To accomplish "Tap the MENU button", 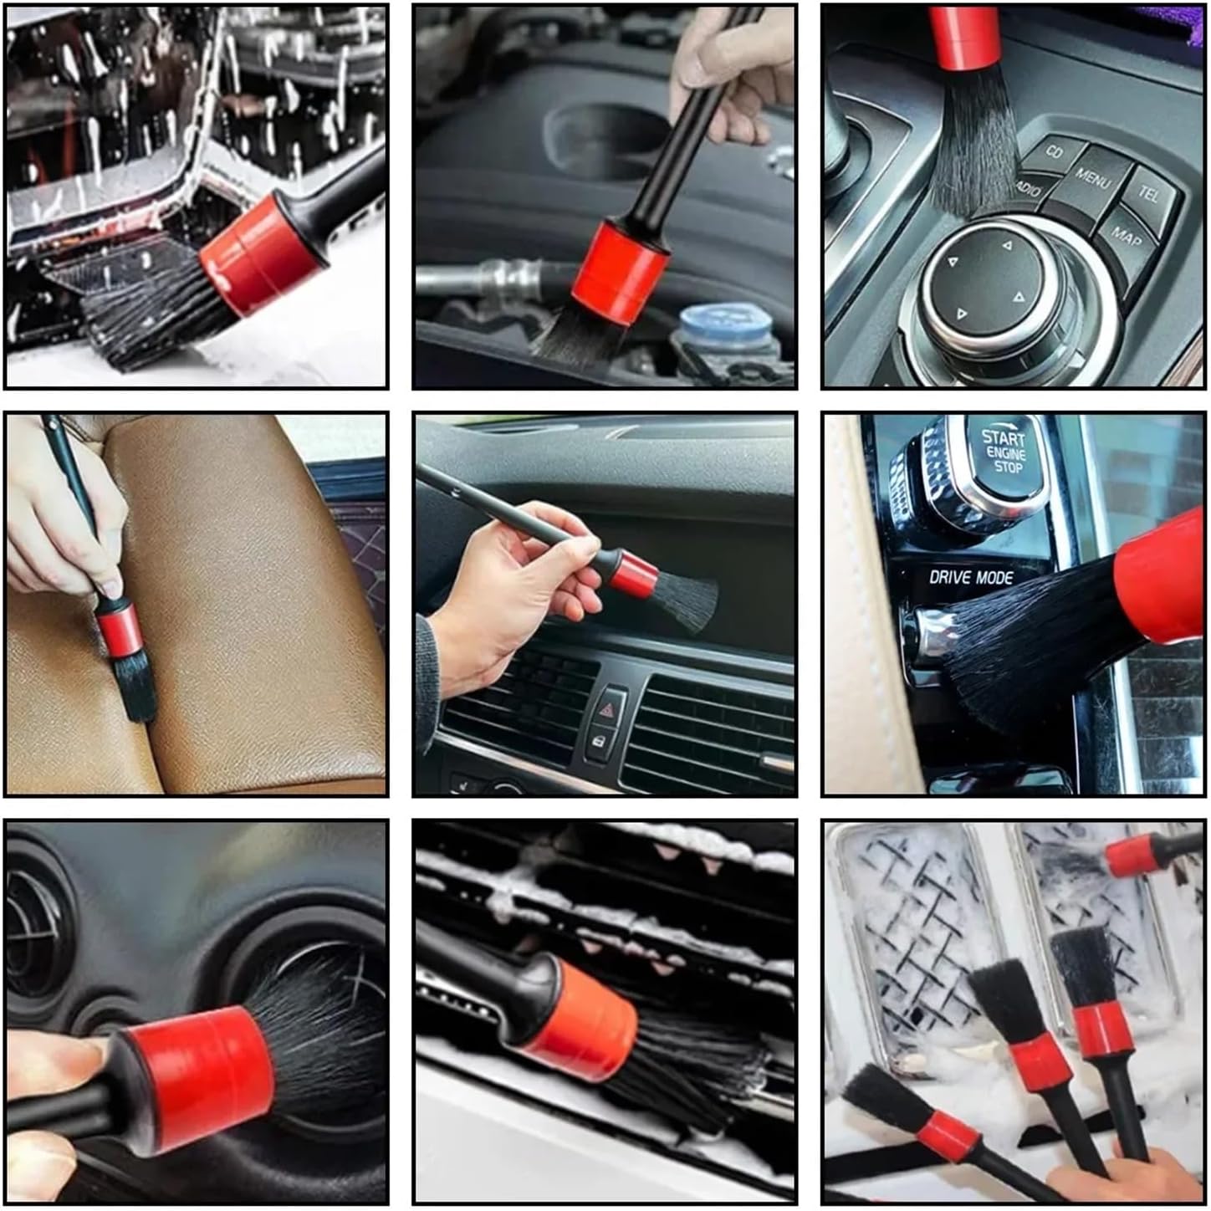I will coord(1091,179).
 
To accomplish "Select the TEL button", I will coord(1148,194).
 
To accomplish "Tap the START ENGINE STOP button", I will coord(1003,451).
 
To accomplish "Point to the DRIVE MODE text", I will coord(971,577).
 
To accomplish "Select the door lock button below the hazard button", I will coord(599,740).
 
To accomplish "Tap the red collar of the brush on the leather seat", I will coord(117,630).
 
